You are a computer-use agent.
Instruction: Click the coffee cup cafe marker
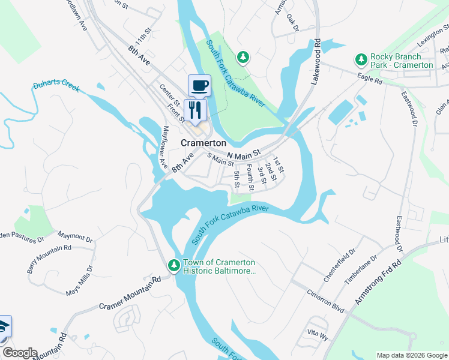pos(199,85)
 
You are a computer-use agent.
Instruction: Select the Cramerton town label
pos(204,143)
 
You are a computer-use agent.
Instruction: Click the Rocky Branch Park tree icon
pos(361,59)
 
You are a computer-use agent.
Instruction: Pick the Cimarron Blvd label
pos(324,304)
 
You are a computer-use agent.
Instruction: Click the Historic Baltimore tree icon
pos(173,265)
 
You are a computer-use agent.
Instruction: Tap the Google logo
pos(20,353)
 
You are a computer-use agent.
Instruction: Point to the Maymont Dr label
pos(75,237)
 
